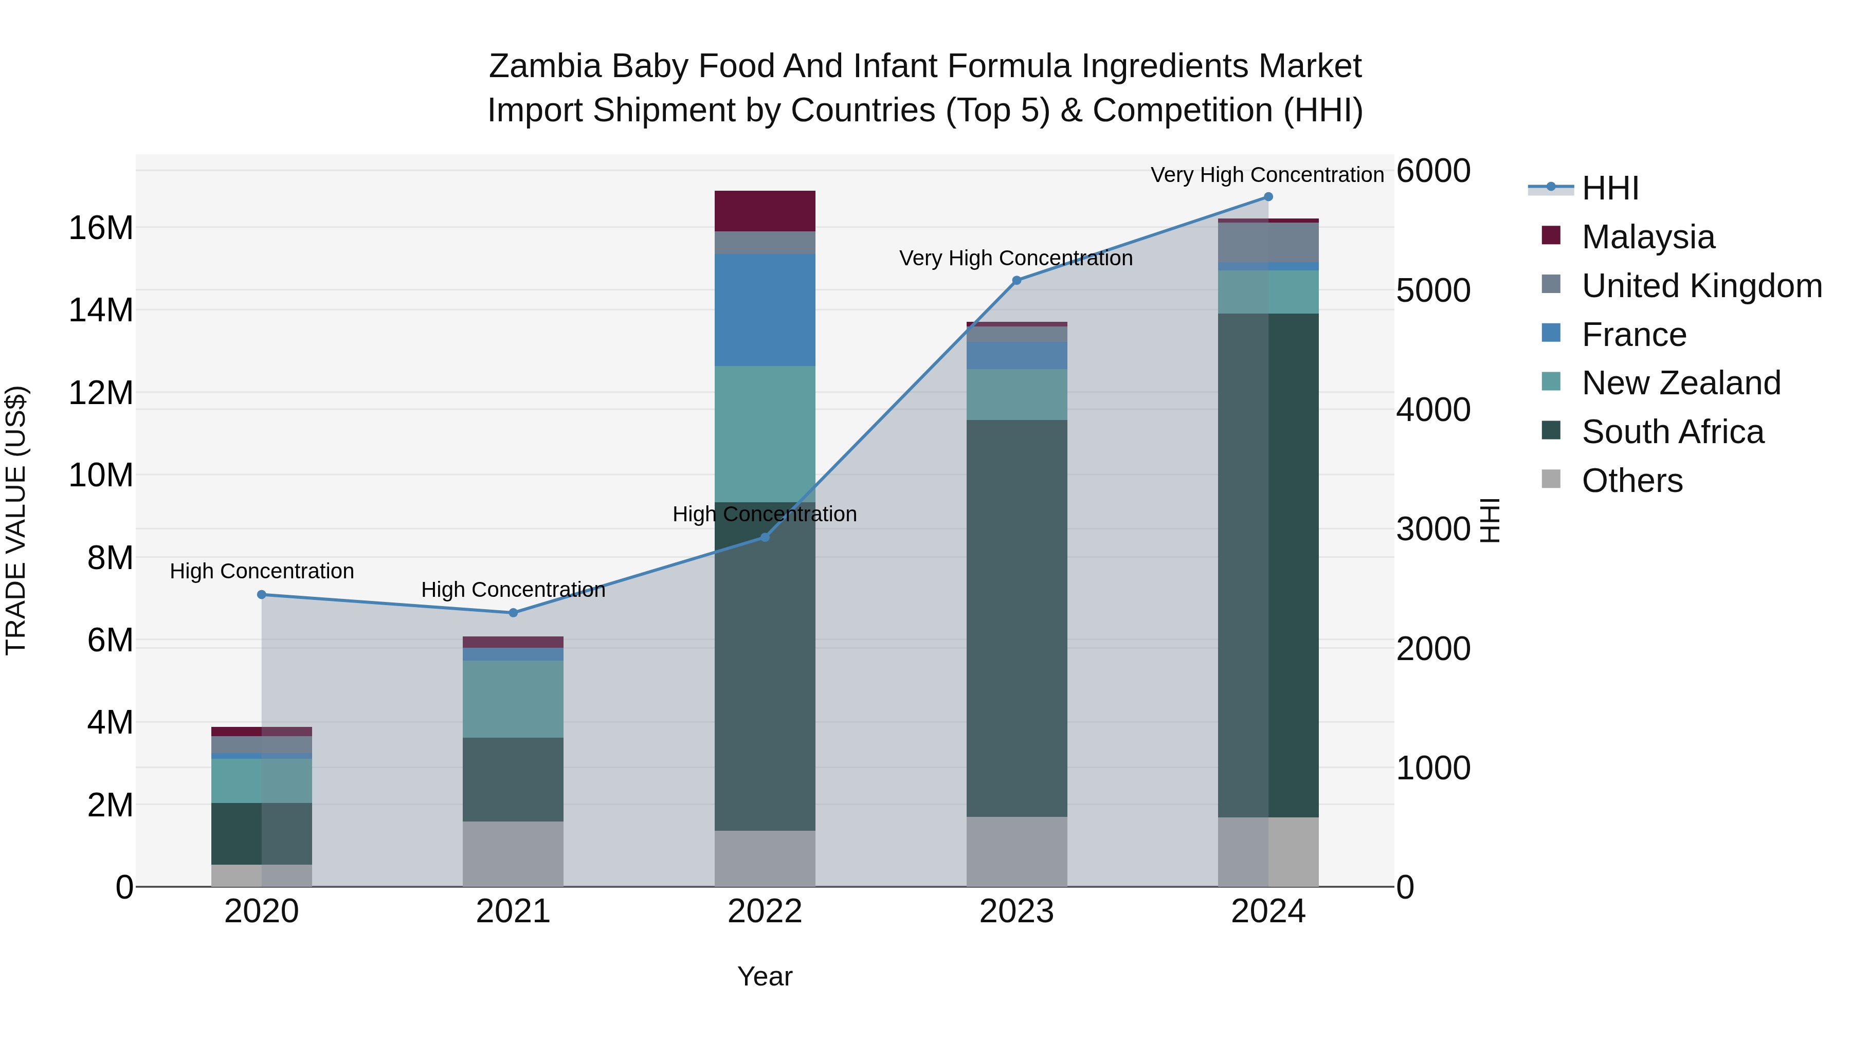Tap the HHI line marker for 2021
point(513,613)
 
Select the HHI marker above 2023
point(1016,281)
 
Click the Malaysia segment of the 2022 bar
point(765,211)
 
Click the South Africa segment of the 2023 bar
point(1016,618)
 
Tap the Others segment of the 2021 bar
point(513,854)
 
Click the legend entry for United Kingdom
point(1701,286)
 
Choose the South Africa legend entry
point(1672,432)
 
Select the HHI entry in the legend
point(1610,188)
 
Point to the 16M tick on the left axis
point(101,228)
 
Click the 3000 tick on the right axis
point(1433,529)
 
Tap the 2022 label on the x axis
point(765,911)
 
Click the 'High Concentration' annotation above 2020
point(262,571)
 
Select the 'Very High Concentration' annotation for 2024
point(1267,175)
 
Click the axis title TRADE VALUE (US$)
point(16,520)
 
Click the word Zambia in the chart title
point(544,66)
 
